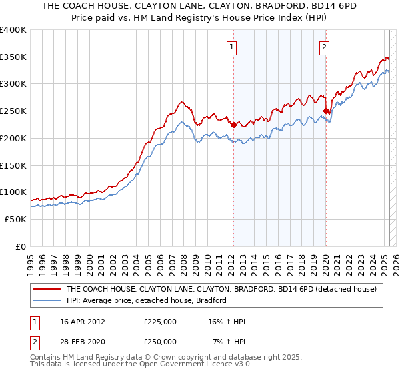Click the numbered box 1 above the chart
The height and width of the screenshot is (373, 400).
[x=231, y=47]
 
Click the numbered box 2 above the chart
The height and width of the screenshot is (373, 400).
[x=324, y=47]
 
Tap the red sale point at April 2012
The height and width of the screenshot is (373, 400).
[x=233, y=125]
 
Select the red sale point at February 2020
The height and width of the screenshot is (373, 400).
[x=326, y=111]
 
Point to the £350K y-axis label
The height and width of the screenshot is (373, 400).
[x=13, y=57]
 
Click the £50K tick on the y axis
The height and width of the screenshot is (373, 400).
[x=15, y=219]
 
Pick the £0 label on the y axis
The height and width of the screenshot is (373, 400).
[x=21, y=246]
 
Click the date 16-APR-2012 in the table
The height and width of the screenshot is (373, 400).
[x=83, y=322]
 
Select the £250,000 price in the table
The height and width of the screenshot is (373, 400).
[x=160, y=341]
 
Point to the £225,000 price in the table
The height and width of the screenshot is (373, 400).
[x=160, y=322]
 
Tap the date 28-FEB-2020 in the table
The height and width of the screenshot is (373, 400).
[x=83, y=341]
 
